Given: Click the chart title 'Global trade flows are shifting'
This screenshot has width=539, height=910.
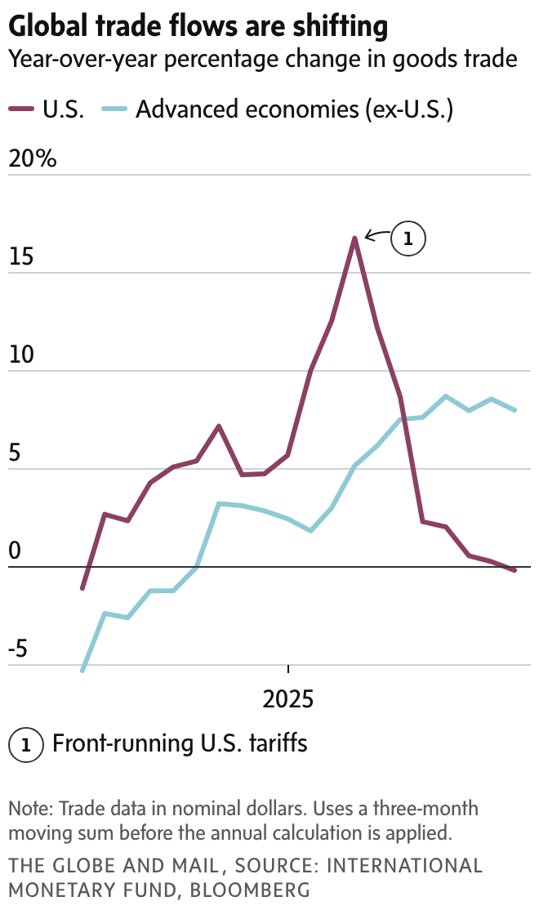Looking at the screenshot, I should [198, 26].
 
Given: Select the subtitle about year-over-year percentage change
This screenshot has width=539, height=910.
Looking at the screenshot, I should [262, 59].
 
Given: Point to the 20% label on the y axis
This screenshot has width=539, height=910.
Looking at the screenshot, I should [33, 158].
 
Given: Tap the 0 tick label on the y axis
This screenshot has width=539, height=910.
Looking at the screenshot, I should [14, 551].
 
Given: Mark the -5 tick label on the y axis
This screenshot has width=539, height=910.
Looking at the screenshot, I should [18, 649].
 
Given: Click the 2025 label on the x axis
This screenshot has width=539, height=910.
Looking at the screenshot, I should [288, 699].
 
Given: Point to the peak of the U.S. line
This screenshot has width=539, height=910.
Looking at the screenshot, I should [354, 238].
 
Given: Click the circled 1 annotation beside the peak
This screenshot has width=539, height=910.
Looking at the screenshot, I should [408, 239].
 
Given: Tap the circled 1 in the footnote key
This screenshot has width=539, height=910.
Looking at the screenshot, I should [25, 745].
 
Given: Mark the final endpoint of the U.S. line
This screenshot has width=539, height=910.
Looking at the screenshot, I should [514, 570].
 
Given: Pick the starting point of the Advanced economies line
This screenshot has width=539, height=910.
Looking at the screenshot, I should [82, 671].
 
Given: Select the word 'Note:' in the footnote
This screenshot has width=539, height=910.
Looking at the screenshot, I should [31, 810].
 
